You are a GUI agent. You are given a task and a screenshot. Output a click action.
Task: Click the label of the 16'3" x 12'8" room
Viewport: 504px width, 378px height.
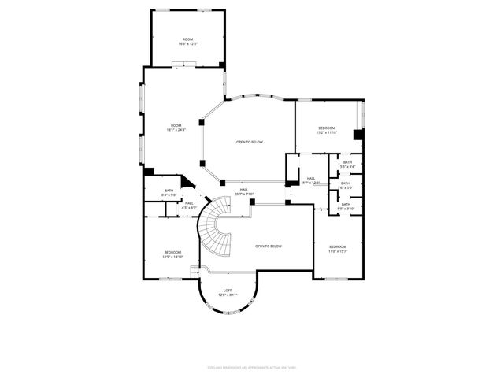[188, 42]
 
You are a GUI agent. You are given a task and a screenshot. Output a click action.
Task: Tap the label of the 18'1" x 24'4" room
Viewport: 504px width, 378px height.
[174, 128]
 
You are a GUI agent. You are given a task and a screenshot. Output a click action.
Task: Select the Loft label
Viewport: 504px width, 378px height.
[227, 291]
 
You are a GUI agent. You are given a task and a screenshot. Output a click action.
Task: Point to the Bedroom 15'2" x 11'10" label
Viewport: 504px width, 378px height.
[327, 130]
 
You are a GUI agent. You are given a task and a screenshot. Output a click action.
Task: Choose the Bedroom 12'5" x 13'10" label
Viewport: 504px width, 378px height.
[172, 254]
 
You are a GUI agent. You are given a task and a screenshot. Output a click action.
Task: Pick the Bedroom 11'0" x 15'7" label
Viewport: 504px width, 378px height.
[338, 249]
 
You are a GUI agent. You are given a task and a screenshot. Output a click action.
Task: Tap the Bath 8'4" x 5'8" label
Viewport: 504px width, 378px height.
[169, 193]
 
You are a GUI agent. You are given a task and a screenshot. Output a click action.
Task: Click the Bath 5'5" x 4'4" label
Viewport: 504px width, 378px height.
[347, 165]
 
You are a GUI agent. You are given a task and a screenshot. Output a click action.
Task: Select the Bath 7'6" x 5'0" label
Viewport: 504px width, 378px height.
[346, 186]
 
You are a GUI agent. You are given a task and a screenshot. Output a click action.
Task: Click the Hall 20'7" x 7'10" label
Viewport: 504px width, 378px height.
[244, 191]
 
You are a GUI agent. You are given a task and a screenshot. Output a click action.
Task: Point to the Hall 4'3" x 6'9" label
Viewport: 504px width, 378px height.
[189, 205]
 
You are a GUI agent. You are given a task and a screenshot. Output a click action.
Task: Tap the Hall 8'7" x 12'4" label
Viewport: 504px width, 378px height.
[311, 181]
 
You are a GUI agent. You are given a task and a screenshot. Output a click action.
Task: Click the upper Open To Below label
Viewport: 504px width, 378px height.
[250, 142]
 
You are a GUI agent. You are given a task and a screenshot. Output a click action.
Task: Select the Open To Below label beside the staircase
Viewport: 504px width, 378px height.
[268, 246]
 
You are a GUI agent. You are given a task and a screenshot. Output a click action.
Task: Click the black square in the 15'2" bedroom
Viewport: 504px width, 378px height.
[358, 135]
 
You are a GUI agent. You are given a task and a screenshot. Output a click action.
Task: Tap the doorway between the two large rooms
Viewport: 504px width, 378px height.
[183, 65]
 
